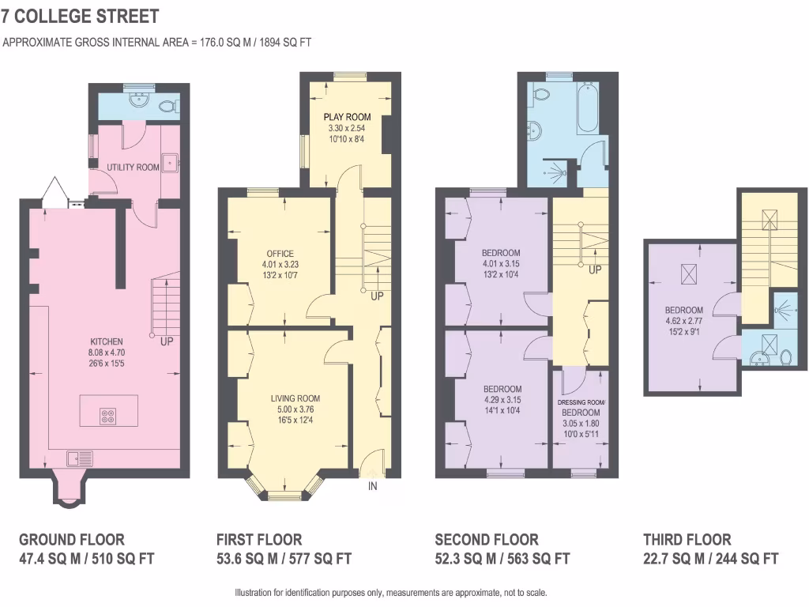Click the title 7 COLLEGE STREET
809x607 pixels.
(x=80, y=16)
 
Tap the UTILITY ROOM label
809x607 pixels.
(x=134, y=168)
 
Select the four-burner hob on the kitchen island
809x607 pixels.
(x=108, y=417)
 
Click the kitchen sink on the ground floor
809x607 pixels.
(x=80, y=458)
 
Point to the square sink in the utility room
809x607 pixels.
(x=170, y=164)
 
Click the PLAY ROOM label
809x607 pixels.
(x=347, y=117)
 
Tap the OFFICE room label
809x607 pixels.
(x=280, y=254)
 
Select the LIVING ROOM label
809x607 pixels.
(x=295, y=398)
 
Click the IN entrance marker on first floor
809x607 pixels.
(x=373, y=487)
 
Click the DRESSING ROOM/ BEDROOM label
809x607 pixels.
(x=581, y=408)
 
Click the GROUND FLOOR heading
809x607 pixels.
(x=72, y=540)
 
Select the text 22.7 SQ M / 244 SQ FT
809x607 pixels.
(x=711, y=559)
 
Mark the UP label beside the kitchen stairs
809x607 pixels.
(x=167, y=341)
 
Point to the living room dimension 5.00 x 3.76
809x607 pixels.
(x=295, y=409)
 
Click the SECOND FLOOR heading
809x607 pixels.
(x=487, y=540)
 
